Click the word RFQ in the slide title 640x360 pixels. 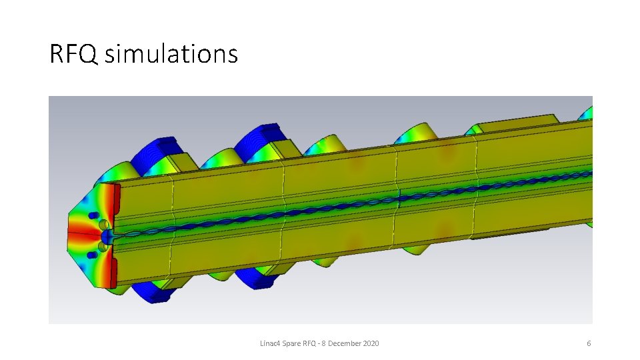pyautogui.click(x=73, y=54)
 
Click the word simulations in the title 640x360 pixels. pyautogui.click(x=171, y=53)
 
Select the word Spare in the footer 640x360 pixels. pyautogui.click(x=291, y=344)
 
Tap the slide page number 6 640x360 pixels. pyautogui.click(x=589, y=343)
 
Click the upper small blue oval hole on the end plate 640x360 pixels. pyautogui.click(x=93, y=215)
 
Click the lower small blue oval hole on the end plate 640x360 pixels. pyautogui.click(x=92, y=255)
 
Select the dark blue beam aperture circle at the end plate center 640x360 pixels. pyautogui.click(x=107, y=236)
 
